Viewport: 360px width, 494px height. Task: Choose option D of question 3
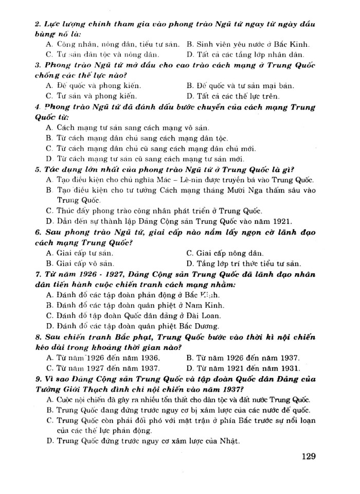[x=233, y=95]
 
